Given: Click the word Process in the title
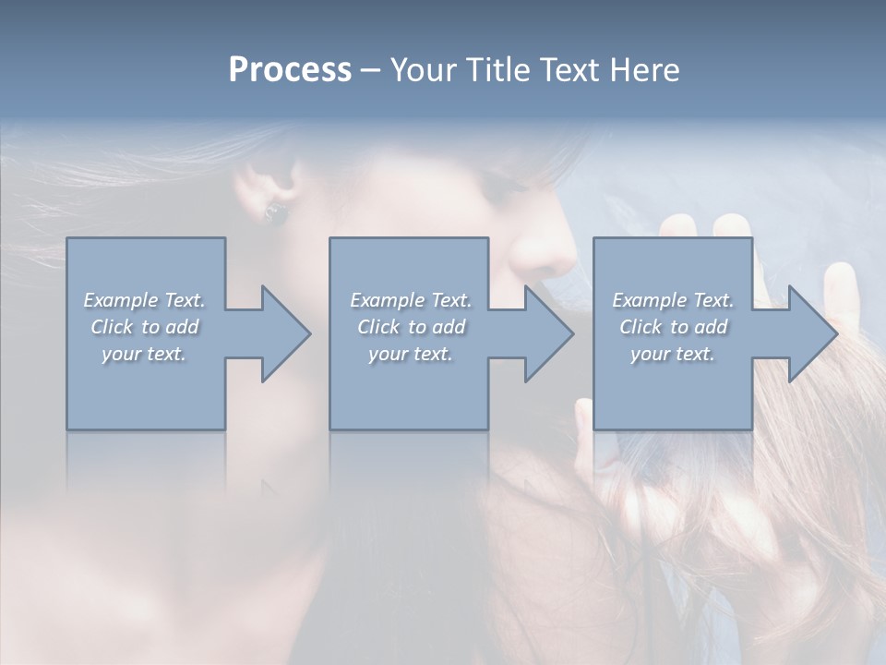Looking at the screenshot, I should (x=290, y=70).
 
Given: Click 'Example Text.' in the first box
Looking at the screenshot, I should (x=144, y=300).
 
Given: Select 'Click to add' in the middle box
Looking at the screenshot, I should (x=411, y=327).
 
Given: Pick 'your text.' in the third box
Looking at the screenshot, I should (x=672, y=354).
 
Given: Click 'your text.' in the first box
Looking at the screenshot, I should (x=144, y=354).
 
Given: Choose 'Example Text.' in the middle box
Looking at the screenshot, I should (x=411, y=300).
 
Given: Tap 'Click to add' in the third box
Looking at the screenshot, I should (x=673, y=327).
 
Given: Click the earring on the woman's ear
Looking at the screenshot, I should (x=275, y=213).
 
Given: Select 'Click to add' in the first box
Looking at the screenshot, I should (x=144, y=327).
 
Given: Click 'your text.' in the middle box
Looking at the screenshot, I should (x=411, y=354).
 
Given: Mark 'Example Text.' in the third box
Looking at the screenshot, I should (x=673, y=300).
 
